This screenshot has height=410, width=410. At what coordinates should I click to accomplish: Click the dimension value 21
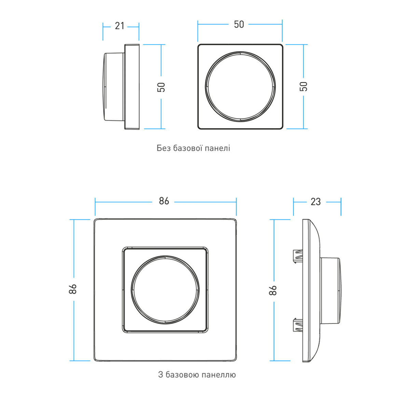pyautogui.click(x=119, y=26)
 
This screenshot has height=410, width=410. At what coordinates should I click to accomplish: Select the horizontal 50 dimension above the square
pyautogui.click(x=239, y=24)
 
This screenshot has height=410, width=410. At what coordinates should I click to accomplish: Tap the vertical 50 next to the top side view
pyautogui.click(x=161, y=87)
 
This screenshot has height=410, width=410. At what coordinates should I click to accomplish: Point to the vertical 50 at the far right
pyautogui.click(x=304, y=86)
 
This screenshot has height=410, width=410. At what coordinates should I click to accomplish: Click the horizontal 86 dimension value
pyautogui.click(x=164, y=201)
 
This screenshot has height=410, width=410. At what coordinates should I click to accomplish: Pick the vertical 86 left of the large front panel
pyautogui.click(x=73, y=289)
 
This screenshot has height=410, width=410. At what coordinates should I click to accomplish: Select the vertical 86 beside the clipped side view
pyautogui.click(x=273, y=290)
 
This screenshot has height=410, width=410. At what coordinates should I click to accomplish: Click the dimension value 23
pyautogui.click(x=316, y=202)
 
